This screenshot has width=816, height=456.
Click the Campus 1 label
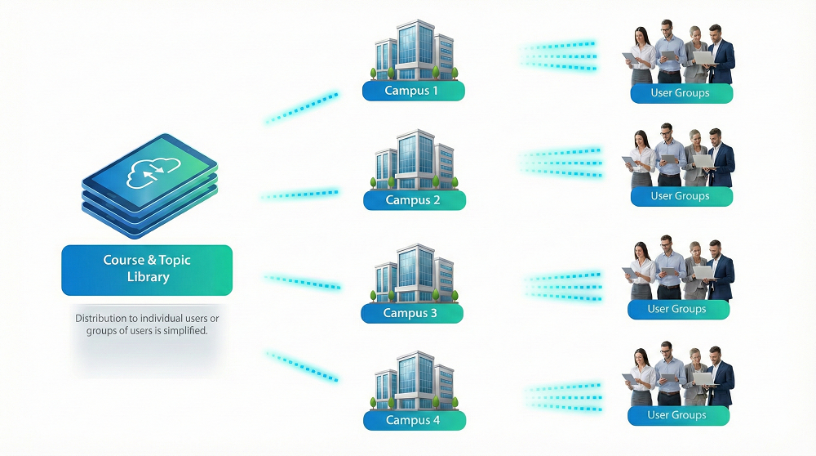pos(413,91)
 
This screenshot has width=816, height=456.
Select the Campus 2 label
pos(414,200)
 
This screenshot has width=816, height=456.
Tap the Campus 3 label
pos(411,313)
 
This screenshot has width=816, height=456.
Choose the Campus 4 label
pos(413,420)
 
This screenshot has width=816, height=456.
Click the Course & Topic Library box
pos(147,269)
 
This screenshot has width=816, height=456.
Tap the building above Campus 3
pos(412,273)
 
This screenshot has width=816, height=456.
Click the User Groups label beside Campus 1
pos(681,93)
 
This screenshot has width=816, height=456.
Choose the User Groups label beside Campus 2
pos(681,196)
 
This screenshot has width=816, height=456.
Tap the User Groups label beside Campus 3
pos(677,309)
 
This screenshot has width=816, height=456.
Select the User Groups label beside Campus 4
pos(677,415)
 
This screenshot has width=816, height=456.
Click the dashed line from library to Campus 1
pos(302,108)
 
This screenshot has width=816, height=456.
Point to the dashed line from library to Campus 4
pos(302,365)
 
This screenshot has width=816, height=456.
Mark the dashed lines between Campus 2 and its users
pos(561,161)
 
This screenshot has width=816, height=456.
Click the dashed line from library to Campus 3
pos(302,282)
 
